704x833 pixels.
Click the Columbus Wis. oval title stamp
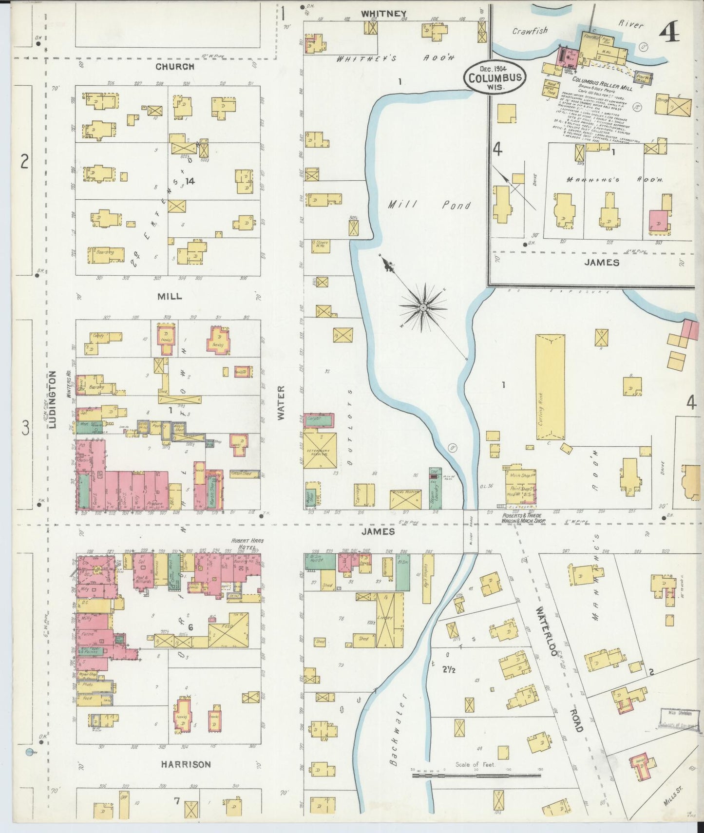point(495,77)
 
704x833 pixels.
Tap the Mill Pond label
point(429,205)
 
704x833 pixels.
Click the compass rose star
point(423,307)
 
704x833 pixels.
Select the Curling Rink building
point(550,387)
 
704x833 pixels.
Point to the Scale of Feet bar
point(477,775)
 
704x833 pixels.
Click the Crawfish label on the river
point(530,31)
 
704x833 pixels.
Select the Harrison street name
point(186,764)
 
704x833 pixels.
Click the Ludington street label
point(54,400)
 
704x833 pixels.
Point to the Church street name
point(174,67)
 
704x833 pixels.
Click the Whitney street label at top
point(383,14)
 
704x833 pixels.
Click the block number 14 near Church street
point(190,181)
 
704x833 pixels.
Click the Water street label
point(281,402)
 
